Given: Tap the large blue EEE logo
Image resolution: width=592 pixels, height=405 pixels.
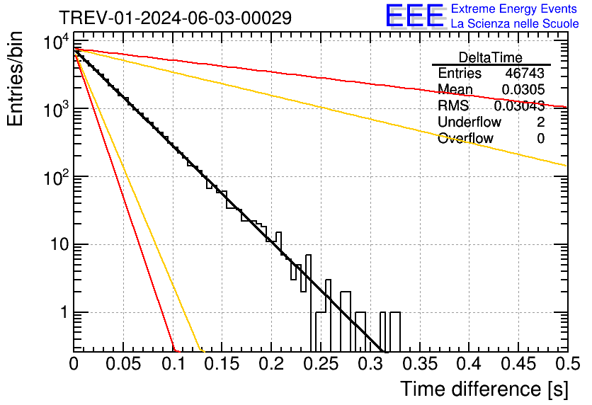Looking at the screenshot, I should click(x=414, y=16).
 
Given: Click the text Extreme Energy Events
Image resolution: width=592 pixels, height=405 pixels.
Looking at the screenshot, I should click(x=515, y=9).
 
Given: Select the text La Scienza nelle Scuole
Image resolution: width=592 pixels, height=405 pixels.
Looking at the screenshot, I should click(x=515, y=24).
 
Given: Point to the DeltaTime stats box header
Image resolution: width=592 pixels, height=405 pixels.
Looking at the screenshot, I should click(x=491, y=57).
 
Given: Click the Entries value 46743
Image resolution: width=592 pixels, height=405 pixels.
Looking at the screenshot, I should click(x=525, y=74).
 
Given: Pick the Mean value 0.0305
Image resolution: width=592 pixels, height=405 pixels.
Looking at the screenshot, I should click(x=523, y=89).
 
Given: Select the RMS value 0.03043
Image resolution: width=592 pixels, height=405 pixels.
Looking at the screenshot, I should click(x=519, y=105).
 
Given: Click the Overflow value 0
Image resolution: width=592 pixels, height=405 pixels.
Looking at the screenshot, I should click(x=540, y=138).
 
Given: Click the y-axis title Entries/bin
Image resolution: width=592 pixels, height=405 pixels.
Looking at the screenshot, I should click(x=16, y=80).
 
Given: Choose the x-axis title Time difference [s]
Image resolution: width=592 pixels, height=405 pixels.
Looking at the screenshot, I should click(x=484, y=389).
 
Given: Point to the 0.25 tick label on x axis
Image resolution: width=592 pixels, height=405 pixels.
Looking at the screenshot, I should click(x=320, y=364).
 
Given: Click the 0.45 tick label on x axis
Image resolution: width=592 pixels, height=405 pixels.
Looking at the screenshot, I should click(x=518, y=364).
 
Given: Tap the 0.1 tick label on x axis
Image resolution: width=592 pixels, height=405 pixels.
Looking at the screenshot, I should click(x=172, y=364).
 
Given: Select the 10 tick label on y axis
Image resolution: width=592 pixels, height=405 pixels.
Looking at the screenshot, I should click(x=55, y=245).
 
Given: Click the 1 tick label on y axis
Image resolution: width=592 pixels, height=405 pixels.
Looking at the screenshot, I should click(x=62, y=312).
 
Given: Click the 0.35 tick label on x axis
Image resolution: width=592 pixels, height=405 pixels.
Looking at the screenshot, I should click(x=419, y=364).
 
